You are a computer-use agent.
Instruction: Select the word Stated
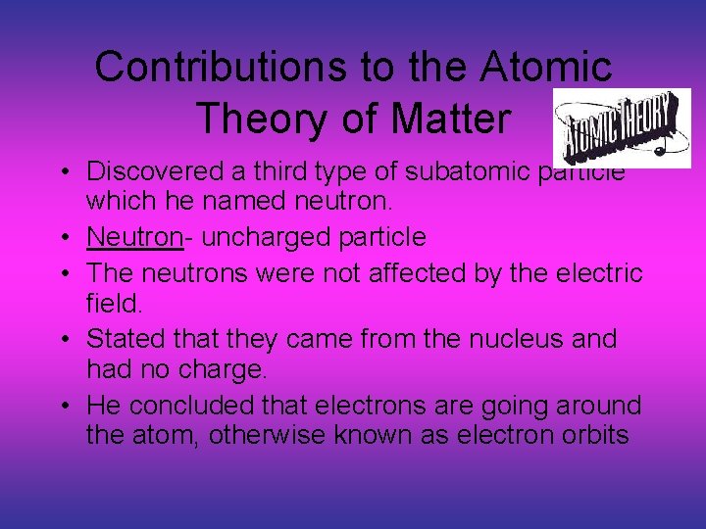pos(119,339)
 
